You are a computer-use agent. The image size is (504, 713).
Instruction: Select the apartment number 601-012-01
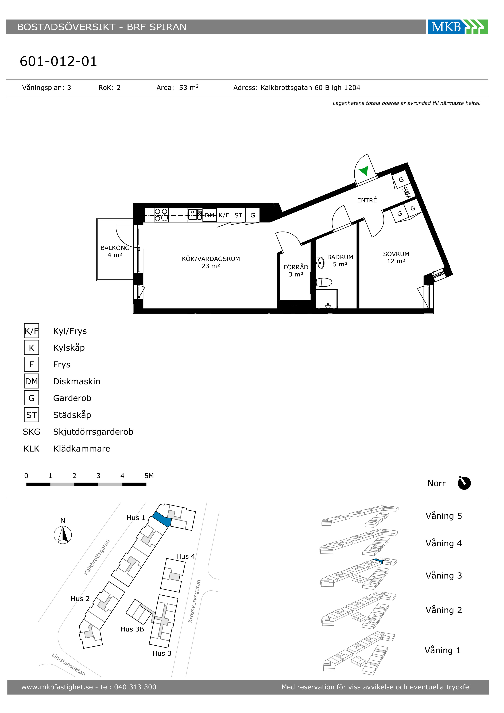58,61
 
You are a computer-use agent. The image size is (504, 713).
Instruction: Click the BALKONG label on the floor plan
115,248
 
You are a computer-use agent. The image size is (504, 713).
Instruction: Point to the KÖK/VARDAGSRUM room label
211,259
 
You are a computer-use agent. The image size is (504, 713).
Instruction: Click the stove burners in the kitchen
161,215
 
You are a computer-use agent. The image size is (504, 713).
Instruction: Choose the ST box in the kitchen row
238,215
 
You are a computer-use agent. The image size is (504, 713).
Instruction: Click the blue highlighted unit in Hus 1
162,519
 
